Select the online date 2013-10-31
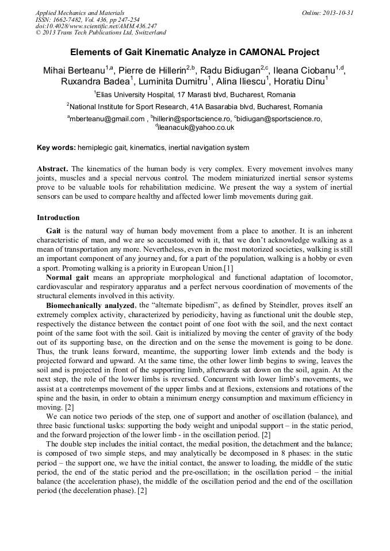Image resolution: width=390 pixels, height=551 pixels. [338, 13]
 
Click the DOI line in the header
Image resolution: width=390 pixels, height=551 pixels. [96, 26]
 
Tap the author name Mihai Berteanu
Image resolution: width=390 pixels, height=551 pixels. [74, 71]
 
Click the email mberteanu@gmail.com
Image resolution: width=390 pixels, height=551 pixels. [108, 119]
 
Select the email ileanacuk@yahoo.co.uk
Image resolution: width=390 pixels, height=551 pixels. [196, 128]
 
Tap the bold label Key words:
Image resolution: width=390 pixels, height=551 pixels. [56, 148]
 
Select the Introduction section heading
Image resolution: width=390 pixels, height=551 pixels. [58, 218]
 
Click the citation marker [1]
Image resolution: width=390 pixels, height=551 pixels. [228, 267]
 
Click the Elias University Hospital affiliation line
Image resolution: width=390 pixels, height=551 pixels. [196, 95]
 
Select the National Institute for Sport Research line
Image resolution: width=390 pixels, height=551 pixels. [196, 107]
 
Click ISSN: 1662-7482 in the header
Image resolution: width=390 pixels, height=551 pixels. [58, 20]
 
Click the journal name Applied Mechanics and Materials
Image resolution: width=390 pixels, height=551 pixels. [80, 13]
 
